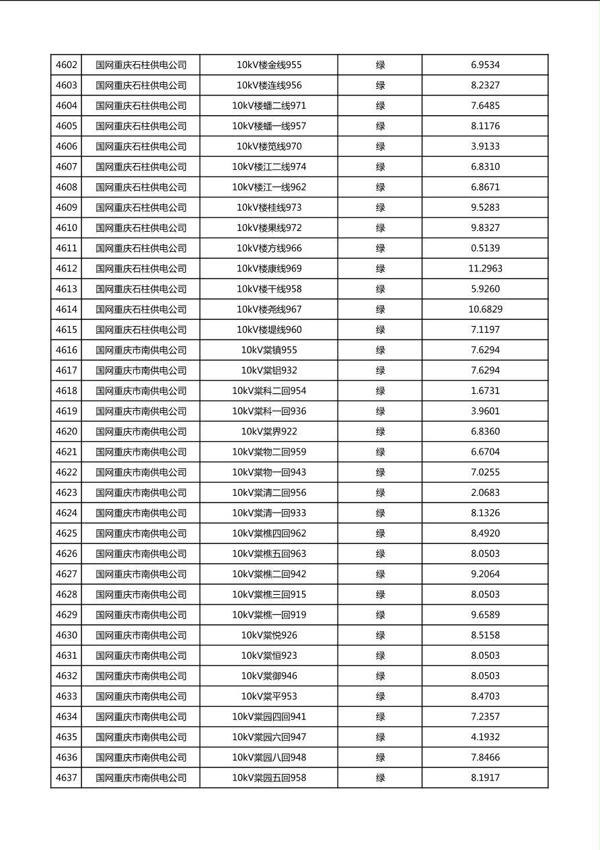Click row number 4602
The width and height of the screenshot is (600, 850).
pos(66,65)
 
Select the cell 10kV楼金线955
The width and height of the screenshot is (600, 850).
pos(269,65)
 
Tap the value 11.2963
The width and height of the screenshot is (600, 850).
pos(485,269)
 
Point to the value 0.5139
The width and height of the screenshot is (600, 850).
pos(485,249)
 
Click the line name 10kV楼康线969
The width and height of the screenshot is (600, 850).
pos(269,269)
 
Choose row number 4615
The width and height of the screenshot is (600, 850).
pos(66,330)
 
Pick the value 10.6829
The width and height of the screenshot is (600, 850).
pos(485,310)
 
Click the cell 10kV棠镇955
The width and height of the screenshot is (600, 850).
pos(269,350)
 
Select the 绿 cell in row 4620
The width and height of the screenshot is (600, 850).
pos(380,432)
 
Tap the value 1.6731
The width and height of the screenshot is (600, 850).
pos(485,391)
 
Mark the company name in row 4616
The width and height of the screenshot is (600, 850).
pos(141,350)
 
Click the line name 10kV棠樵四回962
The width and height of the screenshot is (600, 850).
pos(269,533)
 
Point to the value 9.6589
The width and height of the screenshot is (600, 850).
pos(485,615)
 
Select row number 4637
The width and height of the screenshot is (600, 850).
pos(66,778)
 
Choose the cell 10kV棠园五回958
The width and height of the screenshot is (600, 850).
pos(269,778)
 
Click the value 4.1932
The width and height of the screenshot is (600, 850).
pos(485,738)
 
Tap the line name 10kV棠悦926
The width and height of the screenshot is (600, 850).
pos(269,635)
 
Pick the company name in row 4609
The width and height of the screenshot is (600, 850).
pos(141,207)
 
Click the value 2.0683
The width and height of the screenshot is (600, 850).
pos(485,493)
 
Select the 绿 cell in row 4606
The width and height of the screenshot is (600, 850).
pos(380,147)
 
